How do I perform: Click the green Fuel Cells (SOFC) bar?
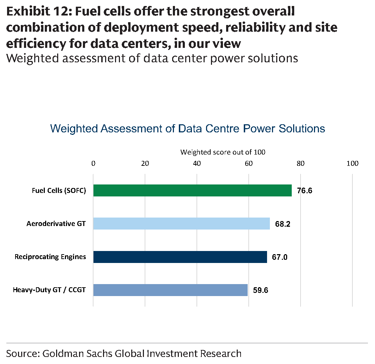click(x=193, y=190)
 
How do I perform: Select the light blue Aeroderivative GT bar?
click(x=182, y=224)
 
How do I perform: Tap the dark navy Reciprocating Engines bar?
click(x=180, y=257)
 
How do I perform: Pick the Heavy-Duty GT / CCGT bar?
click(x=170, y=290)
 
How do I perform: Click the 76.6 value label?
click(x=304, y=191)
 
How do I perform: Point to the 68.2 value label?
click(x=283, y=224)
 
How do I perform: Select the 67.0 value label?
click(x=280, y=257)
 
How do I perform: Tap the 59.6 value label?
click(x=260, y=290)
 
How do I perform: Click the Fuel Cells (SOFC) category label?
click(x=59, y=190)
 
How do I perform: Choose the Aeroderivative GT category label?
click(x=56, y=224)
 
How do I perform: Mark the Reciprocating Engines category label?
click(x=50, y=257)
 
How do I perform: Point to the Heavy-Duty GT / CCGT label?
click(x=49, y=290)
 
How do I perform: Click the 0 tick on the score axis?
click(x=93, y=163)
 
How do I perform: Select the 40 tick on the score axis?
click(x=197, y=163)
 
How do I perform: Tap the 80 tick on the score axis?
click(x=301, y=163)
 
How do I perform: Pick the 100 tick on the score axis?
click(x=352, y=163)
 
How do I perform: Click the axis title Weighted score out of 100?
click(x=223, y=152)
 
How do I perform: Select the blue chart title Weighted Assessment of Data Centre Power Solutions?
click(x=188, y=128)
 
